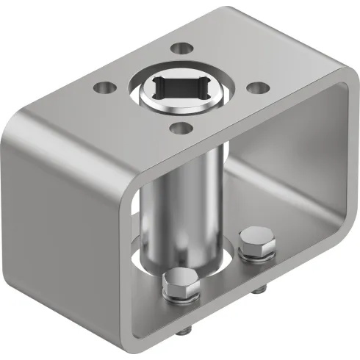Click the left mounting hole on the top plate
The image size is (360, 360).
tap(103, 88)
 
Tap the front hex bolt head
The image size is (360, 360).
tap(179, 284)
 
